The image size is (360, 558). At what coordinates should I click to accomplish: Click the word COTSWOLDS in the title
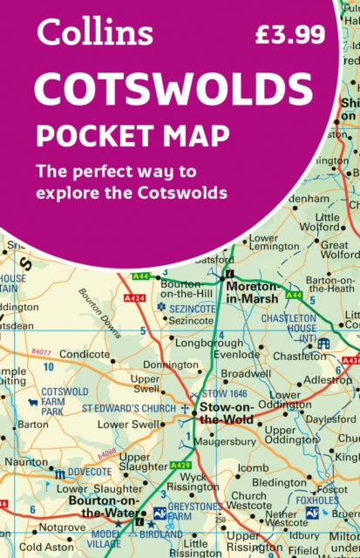click(x=173, y=90)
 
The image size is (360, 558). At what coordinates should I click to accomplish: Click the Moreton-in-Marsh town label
click(x=255, y=292)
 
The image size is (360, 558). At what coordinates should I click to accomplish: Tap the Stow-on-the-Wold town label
click(x=227, y=412)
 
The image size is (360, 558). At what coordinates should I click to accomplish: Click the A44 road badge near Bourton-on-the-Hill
click(x=140, y=276)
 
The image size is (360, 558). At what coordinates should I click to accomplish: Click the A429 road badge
click(x=180, y=466)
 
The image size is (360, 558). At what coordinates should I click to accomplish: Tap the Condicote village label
click(x=84, y=355)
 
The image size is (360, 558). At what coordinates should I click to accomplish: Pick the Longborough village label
click(x=206, y=344)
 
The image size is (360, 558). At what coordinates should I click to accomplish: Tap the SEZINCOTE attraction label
click(x=193, y=308)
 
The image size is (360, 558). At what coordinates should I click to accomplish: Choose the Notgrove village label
click(x=62, y=527)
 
